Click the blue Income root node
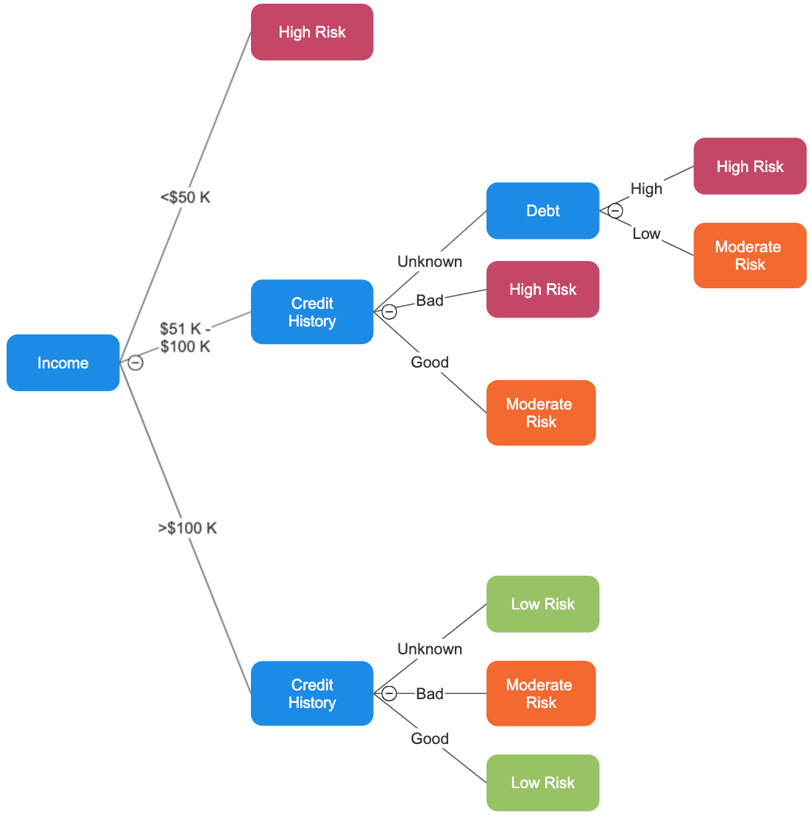63,362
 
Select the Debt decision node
542,211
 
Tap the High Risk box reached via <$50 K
312,32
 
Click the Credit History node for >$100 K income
312,693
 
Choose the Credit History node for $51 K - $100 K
312,312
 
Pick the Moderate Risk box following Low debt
749,255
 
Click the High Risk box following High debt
749,166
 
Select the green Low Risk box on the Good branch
542,782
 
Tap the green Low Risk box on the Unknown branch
542,604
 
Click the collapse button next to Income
135,362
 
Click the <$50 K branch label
185,197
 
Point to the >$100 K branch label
188,528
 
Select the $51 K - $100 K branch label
185,337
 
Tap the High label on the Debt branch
646,189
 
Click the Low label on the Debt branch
646,234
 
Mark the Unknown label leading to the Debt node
430,262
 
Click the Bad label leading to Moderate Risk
430,693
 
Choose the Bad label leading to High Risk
430,300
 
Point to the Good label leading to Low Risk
430,738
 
